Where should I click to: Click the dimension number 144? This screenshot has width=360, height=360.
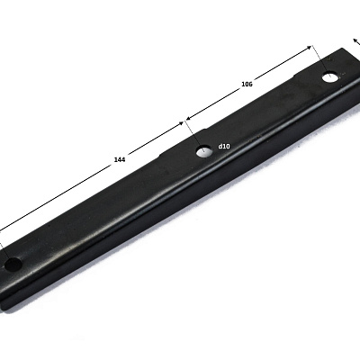[120, 159]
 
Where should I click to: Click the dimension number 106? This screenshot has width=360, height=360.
[247, 85]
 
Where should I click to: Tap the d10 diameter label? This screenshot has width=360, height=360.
[224, 146]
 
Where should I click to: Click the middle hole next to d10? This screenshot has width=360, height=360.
[204, 151]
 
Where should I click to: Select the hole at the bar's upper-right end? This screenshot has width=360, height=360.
[330, 77]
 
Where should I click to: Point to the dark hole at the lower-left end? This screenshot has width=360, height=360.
[13, 265]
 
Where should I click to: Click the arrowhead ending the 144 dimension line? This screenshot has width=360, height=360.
[181, 123]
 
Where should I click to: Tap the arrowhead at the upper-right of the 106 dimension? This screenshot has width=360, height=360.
[309, 48]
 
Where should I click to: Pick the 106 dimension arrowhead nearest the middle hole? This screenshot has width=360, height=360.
[189, 118]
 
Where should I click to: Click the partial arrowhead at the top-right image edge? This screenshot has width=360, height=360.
[355, 40]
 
